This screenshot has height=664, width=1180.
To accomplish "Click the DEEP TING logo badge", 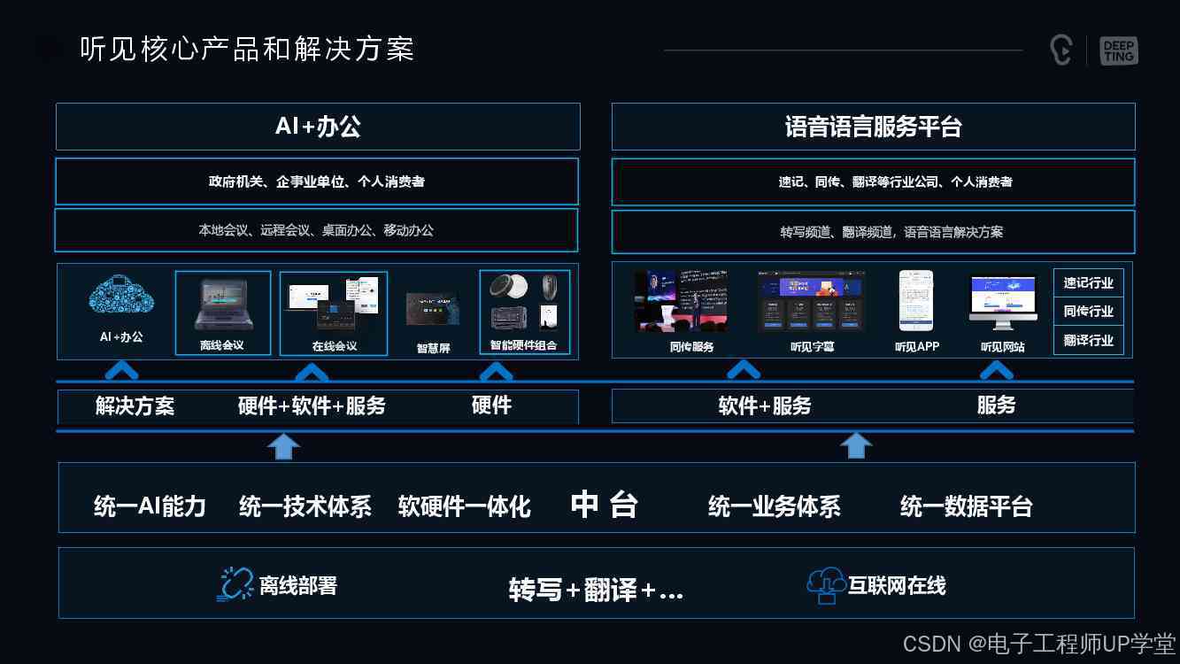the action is point(1119,50).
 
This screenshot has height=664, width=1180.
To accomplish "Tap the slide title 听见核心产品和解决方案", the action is point(247,49).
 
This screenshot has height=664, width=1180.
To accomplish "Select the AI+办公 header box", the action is point(318,127).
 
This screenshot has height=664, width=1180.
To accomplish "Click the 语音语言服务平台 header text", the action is point(873,127).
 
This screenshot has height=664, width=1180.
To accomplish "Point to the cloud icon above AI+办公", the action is point(121,296).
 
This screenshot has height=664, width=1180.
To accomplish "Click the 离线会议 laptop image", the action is point(222,304).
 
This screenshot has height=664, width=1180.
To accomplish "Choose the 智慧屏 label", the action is point(433,348).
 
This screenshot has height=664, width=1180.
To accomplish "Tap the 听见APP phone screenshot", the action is point(915,300).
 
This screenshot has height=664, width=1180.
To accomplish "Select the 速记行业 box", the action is point(1088,283).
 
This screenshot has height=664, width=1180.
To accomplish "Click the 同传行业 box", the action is point(1088,312).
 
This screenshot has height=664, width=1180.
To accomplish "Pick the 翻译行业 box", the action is point(1088,341).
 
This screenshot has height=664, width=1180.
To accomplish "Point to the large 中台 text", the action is point(604,505).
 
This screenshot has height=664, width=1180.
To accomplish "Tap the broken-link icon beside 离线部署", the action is point(235,584).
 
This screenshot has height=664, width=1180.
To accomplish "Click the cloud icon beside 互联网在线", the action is point(826,584).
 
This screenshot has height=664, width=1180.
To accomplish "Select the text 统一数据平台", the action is point(966,506).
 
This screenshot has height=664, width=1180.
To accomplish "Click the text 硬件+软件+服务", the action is point(312,406).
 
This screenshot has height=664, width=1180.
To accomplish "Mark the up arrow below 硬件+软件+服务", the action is point(283,446).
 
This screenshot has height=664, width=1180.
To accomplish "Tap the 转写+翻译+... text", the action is point(596,590).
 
